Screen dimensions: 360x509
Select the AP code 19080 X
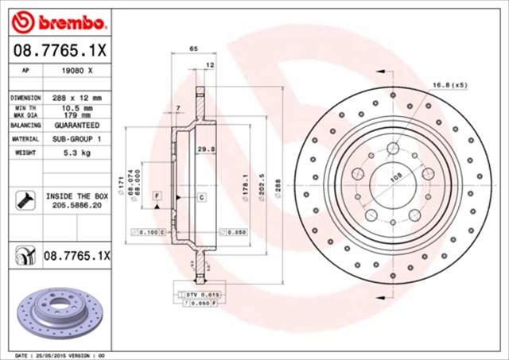click(x=76, y=71)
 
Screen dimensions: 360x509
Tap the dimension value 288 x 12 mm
click(x=76, y=97)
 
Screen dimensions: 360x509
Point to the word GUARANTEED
click(x=76, y=126)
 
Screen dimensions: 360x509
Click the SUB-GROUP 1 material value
click(x=76, y=139)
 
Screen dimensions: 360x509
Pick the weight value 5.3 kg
click(x=76, y=153)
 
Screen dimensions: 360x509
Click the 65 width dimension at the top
click(x=193, y=49)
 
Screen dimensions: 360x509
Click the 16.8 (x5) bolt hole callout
click(x=449, y=84)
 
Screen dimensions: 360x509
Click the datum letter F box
click(x=157, y=195)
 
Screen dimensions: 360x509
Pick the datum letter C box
click(x=201, y=196)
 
